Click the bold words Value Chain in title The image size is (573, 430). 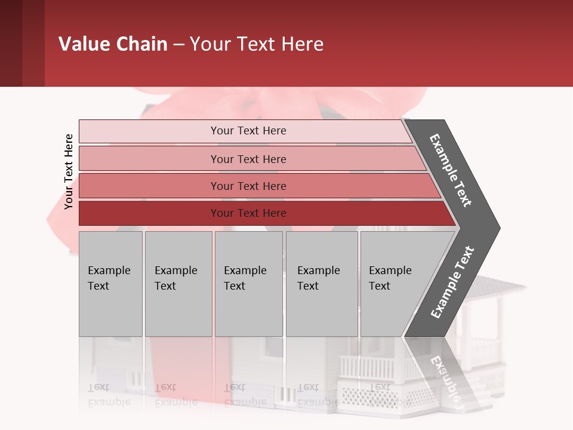coord(113,44)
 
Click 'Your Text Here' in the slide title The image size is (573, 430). coord(257,44)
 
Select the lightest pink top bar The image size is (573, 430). coord(248,131)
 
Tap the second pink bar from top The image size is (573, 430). coord(248,159)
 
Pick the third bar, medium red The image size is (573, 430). coord(248,186)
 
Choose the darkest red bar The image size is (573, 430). coord(248,213)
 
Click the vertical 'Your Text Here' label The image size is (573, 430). coord(69,171)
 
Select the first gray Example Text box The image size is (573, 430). coord(110,284)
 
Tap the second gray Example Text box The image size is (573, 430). coord(178,284)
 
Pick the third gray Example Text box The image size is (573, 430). coord(248,284)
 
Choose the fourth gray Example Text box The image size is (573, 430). coord(321,284)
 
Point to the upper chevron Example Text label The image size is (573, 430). coord(451,170)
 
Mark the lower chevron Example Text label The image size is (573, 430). coord(452,282)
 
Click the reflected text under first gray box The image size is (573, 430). coord(109,394)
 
